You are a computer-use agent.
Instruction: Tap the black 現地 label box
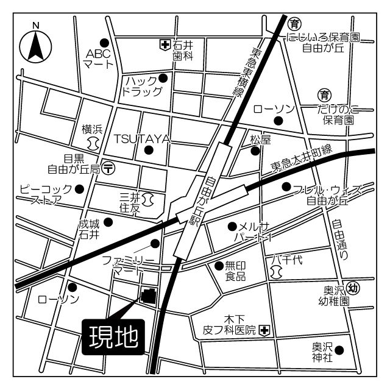click(114, 336)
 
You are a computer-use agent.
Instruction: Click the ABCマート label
click(97, 58)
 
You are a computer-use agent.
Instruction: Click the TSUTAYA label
click(141, 138)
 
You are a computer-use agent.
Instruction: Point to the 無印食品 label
click(235, 271)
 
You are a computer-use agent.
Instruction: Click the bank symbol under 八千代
click(277, 273)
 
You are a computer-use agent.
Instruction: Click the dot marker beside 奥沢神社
click(339, 350)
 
